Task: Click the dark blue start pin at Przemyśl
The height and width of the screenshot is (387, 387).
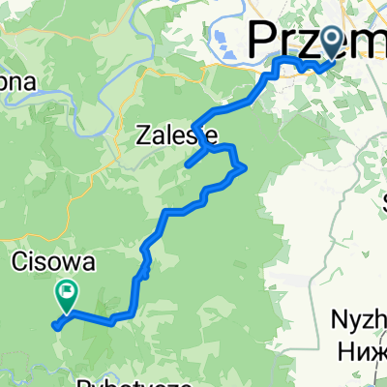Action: point(333,42)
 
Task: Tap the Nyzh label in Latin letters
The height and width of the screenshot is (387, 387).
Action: point(360,320)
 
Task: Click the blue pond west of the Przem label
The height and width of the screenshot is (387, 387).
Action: point(221,41)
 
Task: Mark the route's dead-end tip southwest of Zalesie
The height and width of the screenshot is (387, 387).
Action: point(185,166)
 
